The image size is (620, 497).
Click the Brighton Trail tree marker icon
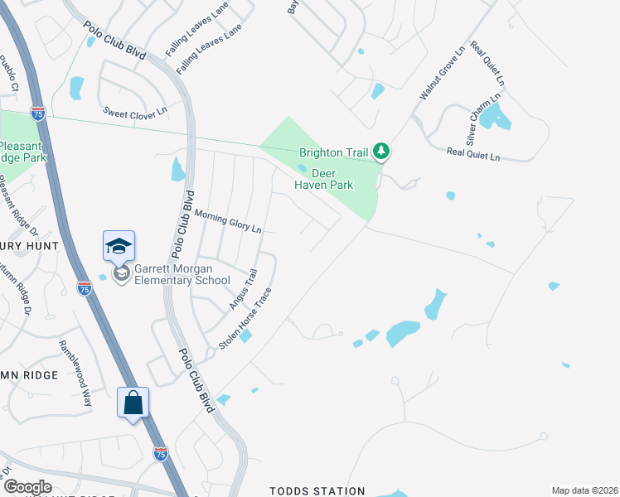click(381, 151)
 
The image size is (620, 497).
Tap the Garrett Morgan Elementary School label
click(183, 274)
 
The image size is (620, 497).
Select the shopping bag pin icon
click(133, 403)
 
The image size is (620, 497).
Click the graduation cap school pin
click(119, 246)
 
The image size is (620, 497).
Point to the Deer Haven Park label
click(324, 179)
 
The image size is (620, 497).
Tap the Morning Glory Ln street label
click(228, 221)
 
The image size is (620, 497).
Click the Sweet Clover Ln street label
click(135, 111)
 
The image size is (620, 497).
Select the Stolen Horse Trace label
click(245, 317)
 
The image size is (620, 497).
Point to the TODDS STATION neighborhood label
click(317, 491)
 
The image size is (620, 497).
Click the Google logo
click(27, 487)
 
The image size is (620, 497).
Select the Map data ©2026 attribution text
click(584, 490)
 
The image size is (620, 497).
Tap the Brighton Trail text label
click(334, 152)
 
